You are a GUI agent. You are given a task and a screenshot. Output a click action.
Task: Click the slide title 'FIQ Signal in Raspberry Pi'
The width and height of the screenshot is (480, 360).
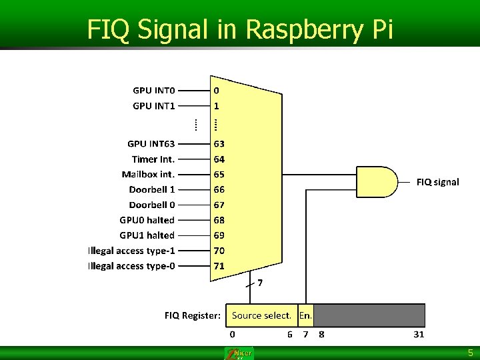click(x=240, y=29)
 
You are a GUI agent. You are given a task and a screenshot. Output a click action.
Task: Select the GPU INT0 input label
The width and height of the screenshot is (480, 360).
click(x=153, y=90)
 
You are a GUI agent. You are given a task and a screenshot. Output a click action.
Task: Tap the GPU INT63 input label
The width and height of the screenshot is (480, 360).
click(x=151, y=143)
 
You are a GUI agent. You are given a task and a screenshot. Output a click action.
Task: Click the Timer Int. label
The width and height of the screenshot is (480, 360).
click(x=153, y=159)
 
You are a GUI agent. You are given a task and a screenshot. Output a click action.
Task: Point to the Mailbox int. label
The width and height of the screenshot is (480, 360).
click(x=149, y=174)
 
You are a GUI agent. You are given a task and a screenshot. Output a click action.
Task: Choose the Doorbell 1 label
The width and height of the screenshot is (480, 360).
click(x=152, y=189)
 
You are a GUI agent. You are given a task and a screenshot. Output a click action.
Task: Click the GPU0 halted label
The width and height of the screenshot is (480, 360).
click(x=147, y=220)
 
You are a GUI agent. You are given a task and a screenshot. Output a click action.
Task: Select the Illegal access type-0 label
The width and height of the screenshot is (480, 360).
click(x=131, y=266)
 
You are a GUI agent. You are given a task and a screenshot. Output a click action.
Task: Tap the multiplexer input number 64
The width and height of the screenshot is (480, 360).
click(x=219, y=159)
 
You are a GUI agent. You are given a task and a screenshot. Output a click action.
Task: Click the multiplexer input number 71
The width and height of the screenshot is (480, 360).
click(x=219, y=266)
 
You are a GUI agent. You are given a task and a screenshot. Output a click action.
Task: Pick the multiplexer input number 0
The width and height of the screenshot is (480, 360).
click(x=217, y=90)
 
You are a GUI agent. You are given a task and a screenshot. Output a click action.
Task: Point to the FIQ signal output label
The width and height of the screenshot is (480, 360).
click(x=437, y=182)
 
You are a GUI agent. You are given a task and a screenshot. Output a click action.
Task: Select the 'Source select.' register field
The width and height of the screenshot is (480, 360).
click(x=261, y=315)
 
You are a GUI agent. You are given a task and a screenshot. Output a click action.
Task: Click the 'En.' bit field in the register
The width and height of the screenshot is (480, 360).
click(x=305, y=315)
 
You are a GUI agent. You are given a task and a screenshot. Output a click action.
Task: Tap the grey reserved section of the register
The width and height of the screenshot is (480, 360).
click(x=369, y=315)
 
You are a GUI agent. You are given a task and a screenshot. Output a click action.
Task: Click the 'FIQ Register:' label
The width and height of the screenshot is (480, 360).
click(x=193, y=315)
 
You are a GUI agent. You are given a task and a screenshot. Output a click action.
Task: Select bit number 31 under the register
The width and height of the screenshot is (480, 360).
click(x=419, y=334)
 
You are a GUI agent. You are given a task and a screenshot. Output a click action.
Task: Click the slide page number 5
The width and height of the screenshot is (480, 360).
click(x=470, y=353)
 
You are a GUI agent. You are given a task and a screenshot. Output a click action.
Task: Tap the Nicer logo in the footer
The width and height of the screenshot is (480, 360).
click(x=239, y=353)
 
